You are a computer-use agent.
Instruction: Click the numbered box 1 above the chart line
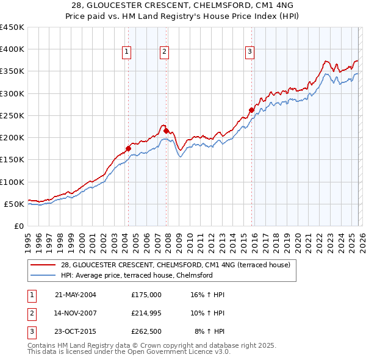tap(126, 52)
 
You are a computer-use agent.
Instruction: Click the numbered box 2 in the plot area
tap(165, 52)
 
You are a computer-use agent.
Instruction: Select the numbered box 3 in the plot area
tap(250, 52)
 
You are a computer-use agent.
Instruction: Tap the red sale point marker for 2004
tap(129, 148)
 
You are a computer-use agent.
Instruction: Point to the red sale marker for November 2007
tap(166, 130)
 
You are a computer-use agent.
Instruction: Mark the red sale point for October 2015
tap(251, 110)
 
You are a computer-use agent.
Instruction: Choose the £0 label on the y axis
tap(18, 226)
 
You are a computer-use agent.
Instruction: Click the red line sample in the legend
tap(43, 265)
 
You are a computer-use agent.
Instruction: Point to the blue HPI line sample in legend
tap(43, 275)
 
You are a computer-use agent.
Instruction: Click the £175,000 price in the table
tap(146, 294)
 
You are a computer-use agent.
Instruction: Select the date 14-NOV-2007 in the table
tap(75, 312)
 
